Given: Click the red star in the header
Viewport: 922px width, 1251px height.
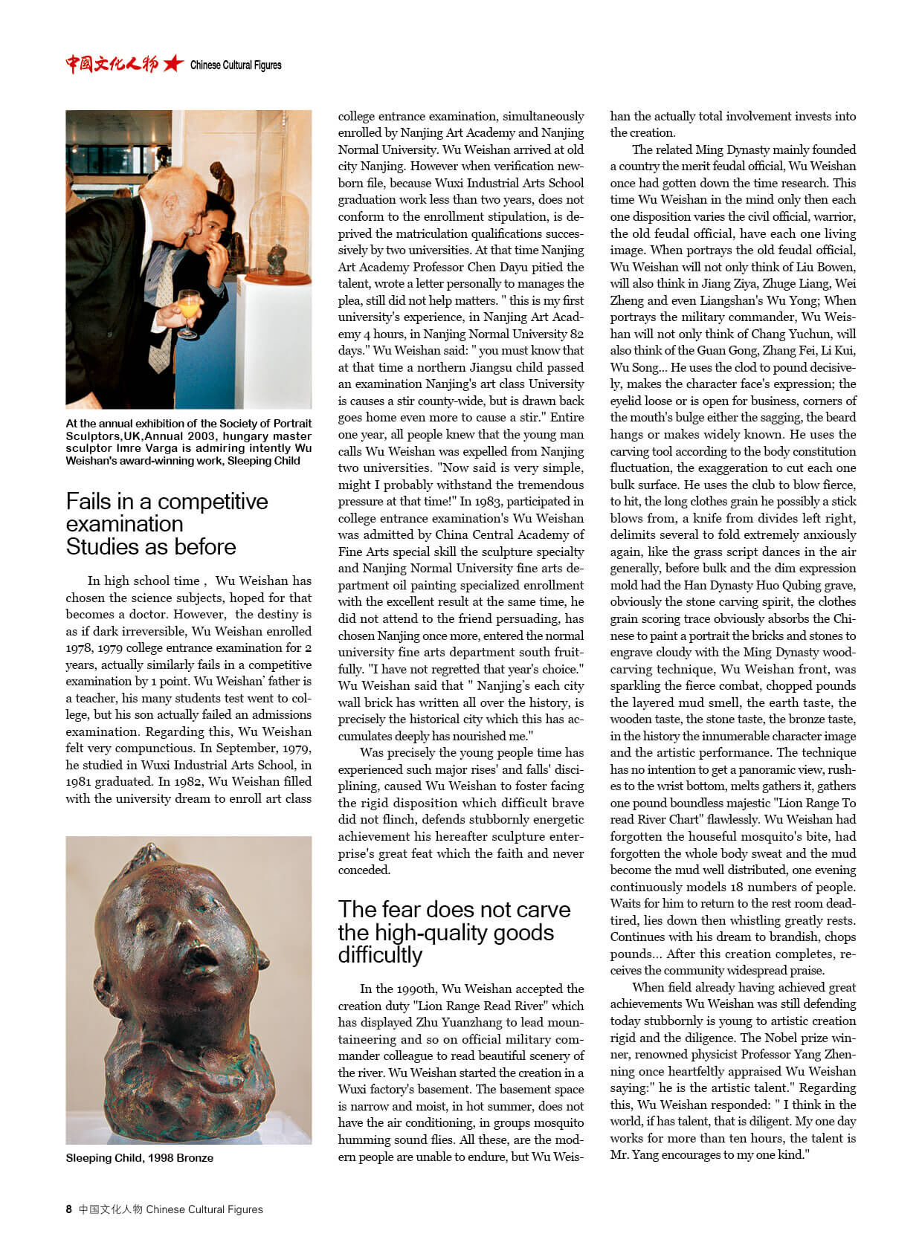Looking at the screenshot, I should (x=173, y=64).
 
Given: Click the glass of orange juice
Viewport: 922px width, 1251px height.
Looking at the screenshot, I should (x=188, y=307).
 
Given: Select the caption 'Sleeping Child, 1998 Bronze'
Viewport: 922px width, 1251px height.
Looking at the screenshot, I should (x=139, y=1157).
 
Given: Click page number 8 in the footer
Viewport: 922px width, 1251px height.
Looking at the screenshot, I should (x=69, y=1209).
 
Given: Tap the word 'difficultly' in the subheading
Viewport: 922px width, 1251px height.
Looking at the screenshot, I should (x=380, y=954).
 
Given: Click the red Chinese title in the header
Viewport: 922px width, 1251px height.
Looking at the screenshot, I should (x=112, y=64).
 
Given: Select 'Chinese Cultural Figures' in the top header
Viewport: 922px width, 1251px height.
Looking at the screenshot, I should (x=236, y=65).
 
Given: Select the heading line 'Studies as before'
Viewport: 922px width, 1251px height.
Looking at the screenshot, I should (x=151, y=547).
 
